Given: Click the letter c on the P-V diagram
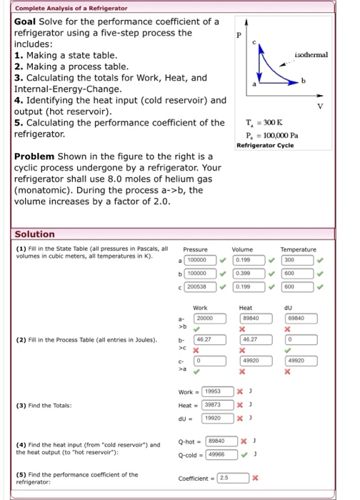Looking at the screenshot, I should coord(265,44).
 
